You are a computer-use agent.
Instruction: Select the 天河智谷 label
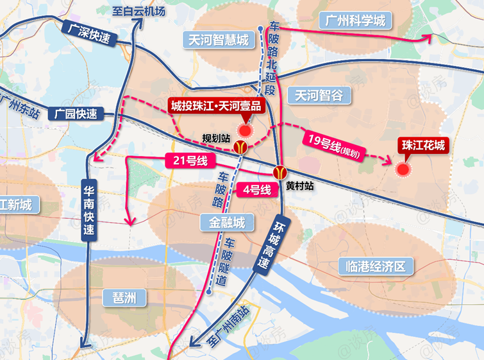(319, 96)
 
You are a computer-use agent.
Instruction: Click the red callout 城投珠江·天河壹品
(215, 105)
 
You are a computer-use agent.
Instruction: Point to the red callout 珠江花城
(423, 145)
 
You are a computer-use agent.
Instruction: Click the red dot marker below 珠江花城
(403, 169)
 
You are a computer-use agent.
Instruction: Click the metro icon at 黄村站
(280, 172)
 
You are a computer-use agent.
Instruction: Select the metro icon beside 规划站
(240, 148)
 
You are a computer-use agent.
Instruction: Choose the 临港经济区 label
(371, 266)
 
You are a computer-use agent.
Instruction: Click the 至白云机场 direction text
(138, 12)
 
